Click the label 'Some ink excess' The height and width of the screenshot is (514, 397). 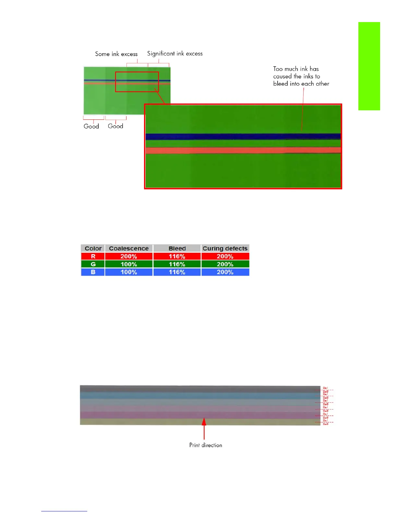pyautogui.click(x=116, y=54)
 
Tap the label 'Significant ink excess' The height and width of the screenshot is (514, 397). pyautogui.click(x=175, y=54)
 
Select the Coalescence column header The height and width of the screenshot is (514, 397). pyautogui.click(x=129, y=248)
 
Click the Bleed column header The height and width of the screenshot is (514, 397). pyautogui.click(x=177, y=248)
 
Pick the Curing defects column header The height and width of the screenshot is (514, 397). pyautogui.click(x=225, y=248)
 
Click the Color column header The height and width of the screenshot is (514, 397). pyautogui.click(x=93, y=248)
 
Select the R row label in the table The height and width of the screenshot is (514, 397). pyautogui.click(x=93, y=256)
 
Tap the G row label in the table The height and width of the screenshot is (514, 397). pyautogui.click(x=93, y=264)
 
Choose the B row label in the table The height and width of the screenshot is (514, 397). pyautogui.click(x=93, y=272)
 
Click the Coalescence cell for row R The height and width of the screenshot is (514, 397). pyautogui.click(x=129, y=256)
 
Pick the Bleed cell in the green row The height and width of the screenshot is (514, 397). pyautogui.click(x=177, y=264)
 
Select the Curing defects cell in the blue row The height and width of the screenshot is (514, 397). pyautogui.click(x=225, y=272)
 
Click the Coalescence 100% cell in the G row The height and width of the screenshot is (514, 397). pyautogui.click(x=129, y=264)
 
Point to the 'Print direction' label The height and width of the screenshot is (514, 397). pyautogui.click(x=206, y=445)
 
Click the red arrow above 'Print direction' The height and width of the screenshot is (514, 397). pyautogui.click(x=204, y=428)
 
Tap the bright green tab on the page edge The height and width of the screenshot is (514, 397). pyautogui.click(x=369, y=66)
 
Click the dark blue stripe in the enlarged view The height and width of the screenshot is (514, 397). pyautogui.click(x=243, y=137)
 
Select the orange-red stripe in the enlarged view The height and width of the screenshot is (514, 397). pyautogui.click(x=243, y=151)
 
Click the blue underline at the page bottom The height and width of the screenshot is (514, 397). pyautogui.click(x=64, y=511)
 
